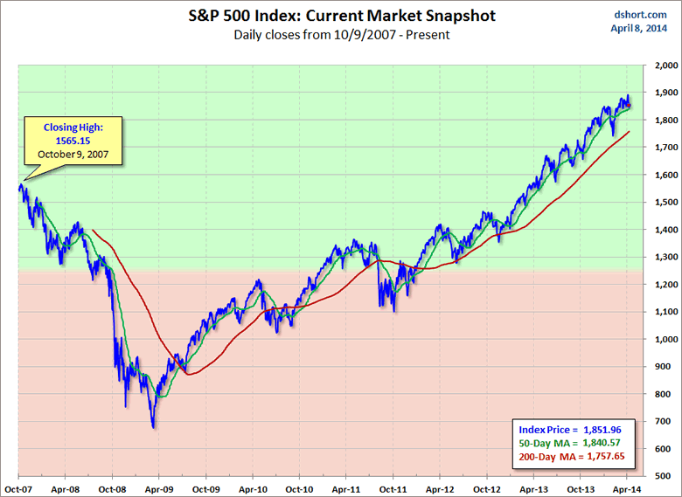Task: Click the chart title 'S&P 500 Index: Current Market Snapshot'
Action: (341, 16)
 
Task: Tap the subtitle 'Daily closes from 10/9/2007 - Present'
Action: (341, 35)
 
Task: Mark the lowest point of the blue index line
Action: (154, 427)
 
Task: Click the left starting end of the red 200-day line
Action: (92, 231)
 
